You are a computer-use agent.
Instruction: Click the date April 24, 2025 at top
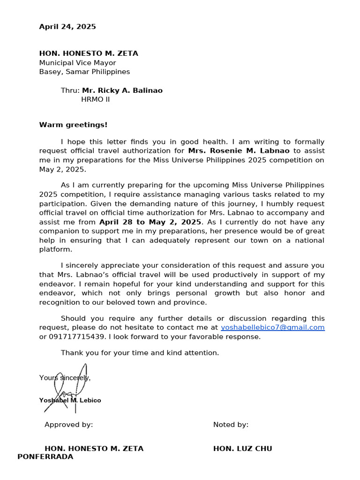coord(67,27)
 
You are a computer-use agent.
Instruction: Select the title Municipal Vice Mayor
coord(77,63)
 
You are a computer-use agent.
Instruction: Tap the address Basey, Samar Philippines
coord(84,72)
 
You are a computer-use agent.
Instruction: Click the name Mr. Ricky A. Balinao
coord(122,90)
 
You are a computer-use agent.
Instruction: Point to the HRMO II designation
coord(96,99)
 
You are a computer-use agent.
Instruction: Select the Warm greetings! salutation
coord(73,125)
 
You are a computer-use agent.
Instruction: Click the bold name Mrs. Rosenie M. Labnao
coord(239,151)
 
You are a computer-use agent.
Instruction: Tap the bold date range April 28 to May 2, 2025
coord(150,222)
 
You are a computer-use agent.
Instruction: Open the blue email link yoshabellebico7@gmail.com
coord(272,328)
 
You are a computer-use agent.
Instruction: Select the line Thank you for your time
coord(140,352)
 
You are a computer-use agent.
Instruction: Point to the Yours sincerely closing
coord(65,378)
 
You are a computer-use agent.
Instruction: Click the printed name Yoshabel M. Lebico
coord(70,400)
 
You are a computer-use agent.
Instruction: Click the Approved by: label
coord(68,425)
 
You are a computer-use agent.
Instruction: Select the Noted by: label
coord(231,425)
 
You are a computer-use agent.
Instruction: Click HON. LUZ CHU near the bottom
coord(242,449)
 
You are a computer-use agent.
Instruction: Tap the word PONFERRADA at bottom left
coord(45,457)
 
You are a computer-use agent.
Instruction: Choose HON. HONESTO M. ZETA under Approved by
coord(94,449)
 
